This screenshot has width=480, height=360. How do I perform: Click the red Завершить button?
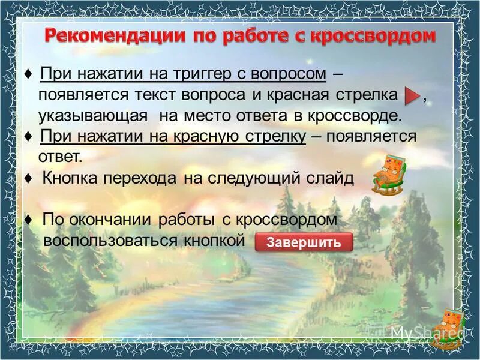[304, 242]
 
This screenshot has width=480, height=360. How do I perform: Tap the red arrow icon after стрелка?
[411, 95]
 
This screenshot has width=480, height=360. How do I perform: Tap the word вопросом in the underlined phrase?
[290, 74]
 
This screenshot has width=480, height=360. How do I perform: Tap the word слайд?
[331, 179]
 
